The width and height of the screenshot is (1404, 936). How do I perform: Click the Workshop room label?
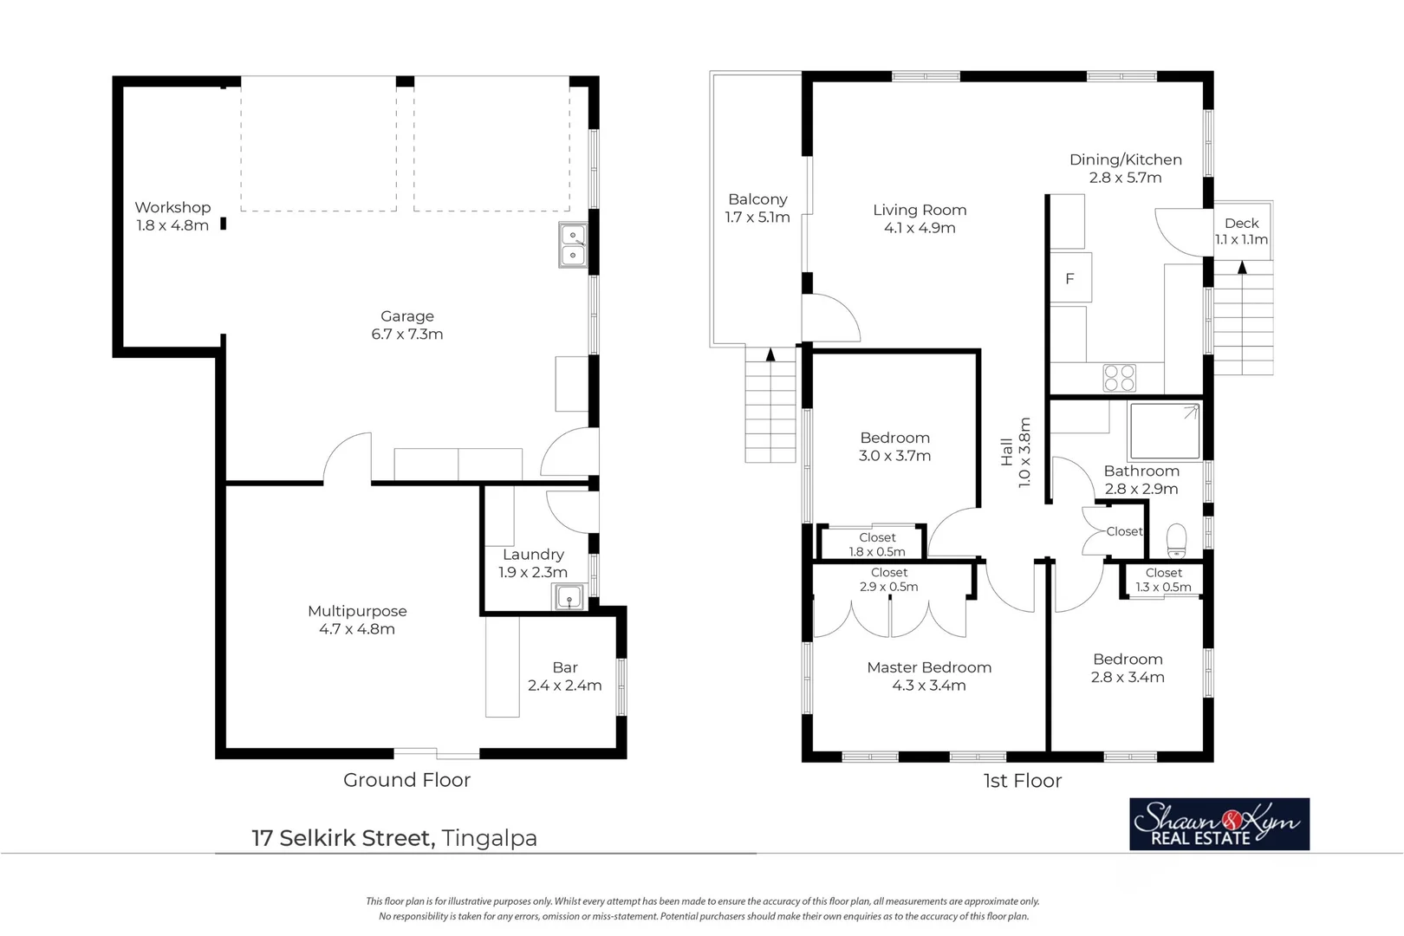tap(172, 208)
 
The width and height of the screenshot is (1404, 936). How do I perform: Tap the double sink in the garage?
tap(573, 245)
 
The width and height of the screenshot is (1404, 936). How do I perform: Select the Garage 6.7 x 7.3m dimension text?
tap(406, 335)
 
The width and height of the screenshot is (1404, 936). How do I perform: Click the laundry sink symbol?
tap(569, 597)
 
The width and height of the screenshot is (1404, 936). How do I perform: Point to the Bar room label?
tap(564, 668)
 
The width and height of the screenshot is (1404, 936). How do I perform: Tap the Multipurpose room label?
tap(357, 611)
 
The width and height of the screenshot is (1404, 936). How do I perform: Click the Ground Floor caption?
tap(406, 780)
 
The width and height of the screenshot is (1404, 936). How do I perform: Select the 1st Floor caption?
tap(1022, 781)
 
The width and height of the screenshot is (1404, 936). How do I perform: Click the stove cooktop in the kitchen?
tap(1119, 378)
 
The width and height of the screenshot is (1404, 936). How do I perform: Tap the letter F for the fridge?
tap(1069, 279)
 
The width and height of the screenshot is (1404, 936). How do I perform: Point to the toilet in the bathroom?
tap(1176, 541)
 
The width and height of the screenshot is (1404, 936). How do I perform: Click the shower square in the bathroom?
tap(1164, 431)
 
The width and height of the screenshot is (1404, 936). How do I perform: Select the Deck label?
tap(1241, 224)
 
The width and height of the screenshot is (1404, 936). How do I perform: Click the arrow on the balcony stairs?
tap(770, 354)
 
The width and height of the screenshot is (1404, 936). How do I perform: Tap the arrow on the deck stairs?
tap(1242, 267)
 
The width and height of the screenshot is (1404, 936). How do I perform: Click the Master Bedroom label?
tap(928, 667)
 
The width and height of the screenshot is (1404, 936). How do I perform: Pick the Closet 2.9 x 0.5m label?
tap(888, 580)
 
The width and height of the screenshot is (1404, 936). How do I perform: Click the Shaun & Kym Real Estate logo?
tap(1219, 824)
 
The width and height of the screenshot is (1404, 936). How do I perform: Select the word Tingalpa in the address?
tap(489, 838)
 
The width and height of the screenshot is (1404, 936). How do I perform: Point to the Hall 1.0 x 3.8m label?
tap(1015, 452)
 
